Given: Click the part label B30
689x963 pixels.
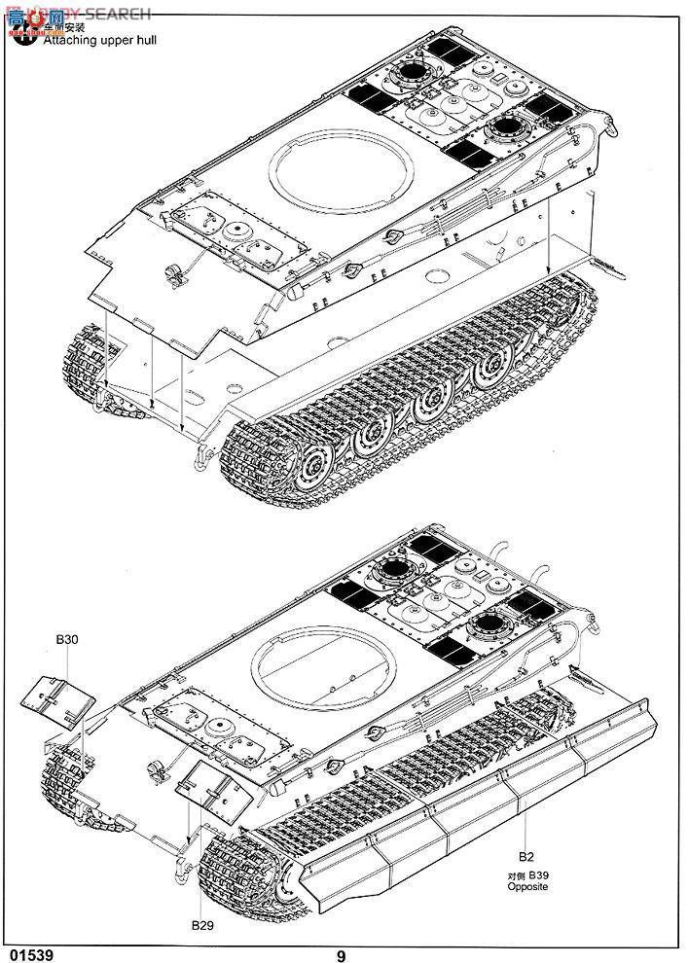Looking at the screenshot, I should click(67, 639).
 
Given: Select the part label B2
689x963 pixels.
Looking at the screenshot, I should click(526, 858).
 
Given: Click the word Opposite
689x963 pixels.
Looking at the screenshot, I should click(527, 887).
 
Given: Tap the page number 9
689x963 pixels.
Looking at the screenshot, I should click(342, 954).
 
